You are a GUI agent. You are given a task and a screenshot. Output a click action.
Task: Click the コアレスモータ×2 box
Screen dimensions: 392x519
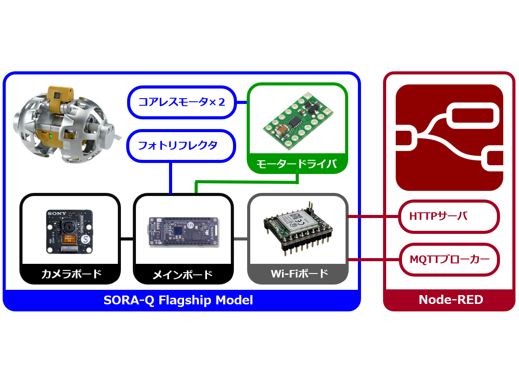(181, 102)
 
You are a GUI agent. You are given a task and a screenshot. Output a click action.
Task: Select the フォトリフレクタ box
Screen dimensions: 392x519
(181, 145)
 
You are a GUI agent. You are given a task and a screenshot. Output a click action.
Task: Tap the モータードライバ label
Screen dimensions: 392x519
(297, 164)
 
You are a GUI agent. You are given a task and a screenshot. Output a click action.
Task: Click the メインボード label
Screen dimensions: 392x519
(183, 274)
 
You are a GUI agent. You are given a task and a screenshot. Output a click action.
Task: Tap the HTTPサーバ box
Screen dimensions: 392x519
(449, 216)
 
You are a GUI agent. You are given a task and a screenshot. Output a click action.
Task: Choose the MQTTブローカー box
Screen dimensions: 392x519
(449, 259)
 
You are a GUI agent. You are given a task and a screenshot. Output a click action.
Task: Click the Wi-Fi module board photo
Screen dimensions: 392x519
(297, 229)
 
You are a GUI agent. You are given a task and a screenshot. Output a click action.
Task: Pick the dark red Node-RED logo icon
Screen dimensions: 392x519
(449, 137)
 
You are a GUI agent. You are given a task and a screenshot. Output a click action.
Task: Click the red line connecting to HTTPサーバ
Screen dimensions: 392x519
(373, 216)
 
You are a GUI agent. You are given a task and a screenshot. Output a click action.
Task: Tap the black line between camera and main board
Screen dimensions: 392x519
(127, 239)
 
